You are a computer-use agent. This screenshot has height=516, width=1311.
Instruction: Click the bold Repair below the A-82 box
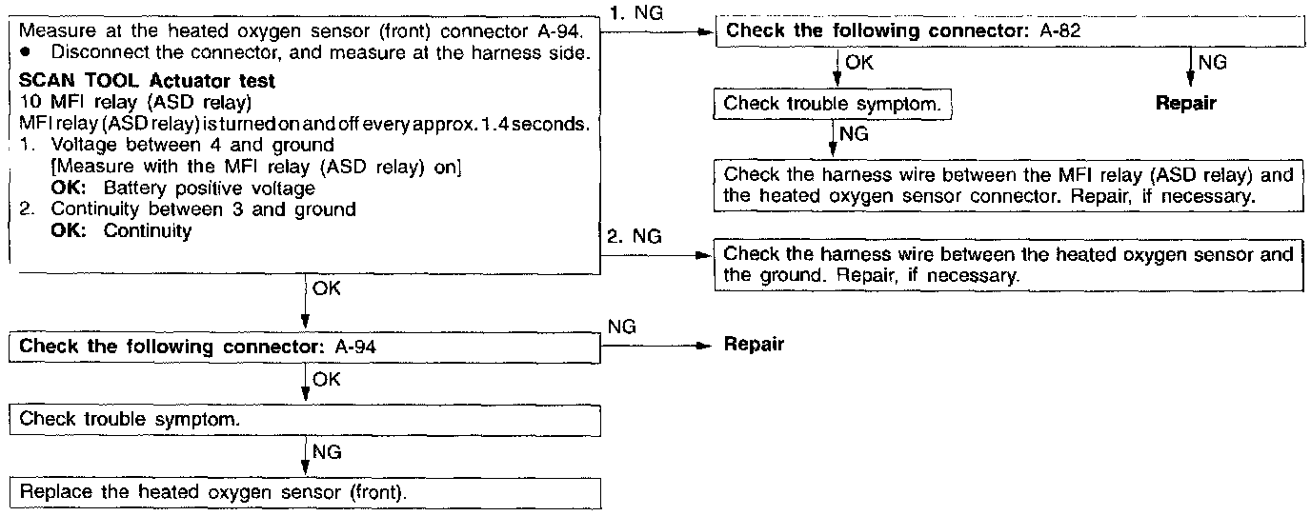(1185, 103)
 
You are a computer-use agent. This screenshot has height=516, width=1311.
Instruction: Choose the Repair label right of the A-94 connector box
(754, 345)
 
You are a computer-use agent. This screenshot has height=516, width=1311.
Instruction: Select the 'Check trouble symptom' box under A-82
(834, 103)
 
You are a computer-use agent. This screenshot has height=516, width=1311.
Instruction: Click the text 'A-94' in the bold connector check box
(356, 346)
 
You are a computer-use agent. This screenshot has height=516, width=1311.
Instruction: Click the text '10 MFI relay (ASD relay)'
(106, 102)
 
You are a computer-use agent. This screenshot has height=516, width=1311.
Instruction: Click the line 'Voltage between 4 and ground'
(192, 145)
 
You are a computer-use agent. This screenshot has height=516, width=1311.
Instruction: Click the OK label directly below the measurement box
(322, 287)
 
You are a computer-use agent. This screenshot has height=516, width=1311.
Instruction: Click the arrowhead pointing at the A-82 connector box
(707, 31)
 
